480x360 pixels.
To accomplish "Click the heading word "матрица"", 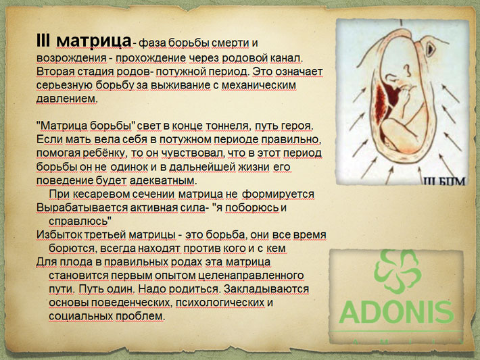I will [94, 41].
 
